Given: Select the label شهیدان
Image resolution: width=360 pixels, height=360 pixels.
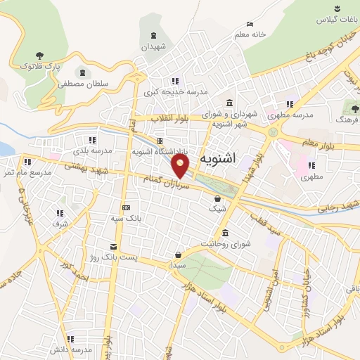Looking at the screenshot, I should point(155,46).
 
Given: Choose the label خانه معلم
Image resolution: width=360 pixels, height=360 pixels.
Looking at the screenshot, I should point(250,34).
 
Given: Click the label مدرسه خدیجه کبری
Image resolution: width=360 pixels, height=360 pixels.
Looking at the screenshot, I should point(185,92).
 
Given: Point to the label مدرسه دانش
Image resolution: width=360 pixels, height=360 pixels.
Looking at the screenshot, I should point(70,349).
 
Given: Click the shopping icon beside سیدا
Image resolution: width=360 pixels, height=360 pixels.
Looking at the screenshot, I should point(180,254).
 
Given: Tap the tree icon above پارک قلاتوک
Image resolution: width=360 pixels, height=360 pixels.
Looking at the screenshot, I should point(39,54).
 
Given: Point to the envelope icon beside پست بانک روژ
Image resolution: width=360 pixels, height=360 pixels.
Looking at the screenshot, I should point(113,247).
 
